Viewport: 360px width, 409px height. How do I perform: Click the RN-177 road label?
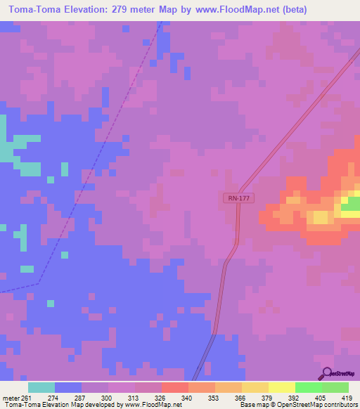pyautogui.click(x=239, y=199)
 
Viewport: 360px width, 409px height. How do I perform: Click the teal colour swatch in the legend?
pyautogui.click(x=41, y=387)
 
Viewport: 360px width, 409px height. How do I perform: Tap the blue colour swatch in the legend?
pyautogui.click(x=68, y=387)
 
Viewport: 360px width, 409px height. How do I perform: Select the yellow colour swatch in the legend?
pyautogui.click(x=255, y=387)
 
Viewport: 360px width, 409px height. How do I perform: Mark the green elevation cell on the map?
pyautogui.click(x=350, y=204)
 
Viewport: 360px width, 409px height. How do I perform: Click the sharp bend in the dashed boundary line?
pyautogui.click(x=39, y=283)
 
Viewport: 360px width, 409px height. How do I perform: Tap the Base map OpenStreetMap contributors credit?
pyautogui.click(x=297, y=405)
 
